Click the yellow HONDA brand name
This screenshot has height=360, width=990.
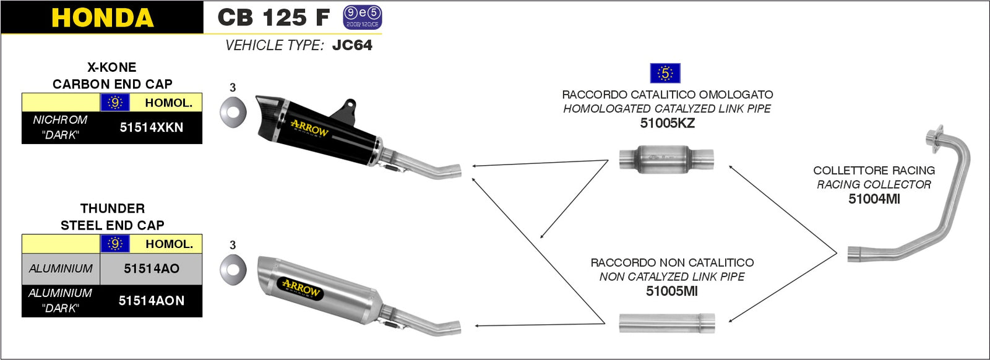[102, 18]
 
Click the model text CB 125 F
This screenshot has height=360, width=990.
[273, 17]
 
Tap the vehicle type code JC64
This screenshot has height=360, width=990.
[352, 45]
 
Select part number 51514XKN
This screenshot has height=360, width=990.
[151, 127]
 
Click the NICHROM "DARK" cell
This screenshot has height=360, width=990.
[60, 127]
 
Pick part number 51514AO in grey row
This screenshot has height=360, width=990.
[151, 268]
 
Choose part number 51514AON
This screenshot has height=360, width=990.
[151, 301]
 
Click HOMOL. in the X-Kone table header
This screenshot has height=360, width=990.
[168, 103]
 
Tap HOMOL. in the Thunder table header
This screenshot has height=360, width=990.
[169, 244]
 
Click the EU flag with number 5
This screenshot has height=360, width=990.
[665, 73]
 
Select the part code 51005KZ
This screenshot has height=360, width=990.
[667, 123]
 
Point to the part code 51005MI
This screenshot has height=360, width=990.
[671, 291]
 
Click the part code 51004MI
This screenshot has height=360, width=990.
[874, 199]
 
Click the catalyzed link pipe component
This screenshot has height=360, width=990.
[666, 159]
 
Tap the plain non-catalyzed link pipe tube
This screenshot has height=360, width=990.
[667, 323]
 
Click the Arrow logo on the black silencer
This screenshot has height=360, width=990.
[309, 129]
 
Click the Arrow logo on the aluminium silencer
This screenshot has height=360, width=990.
[301, 288]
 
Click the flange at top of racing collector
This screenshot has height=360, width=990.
[935, 136]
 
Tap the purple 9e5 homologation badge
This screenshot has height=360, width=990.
[363, 17]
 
